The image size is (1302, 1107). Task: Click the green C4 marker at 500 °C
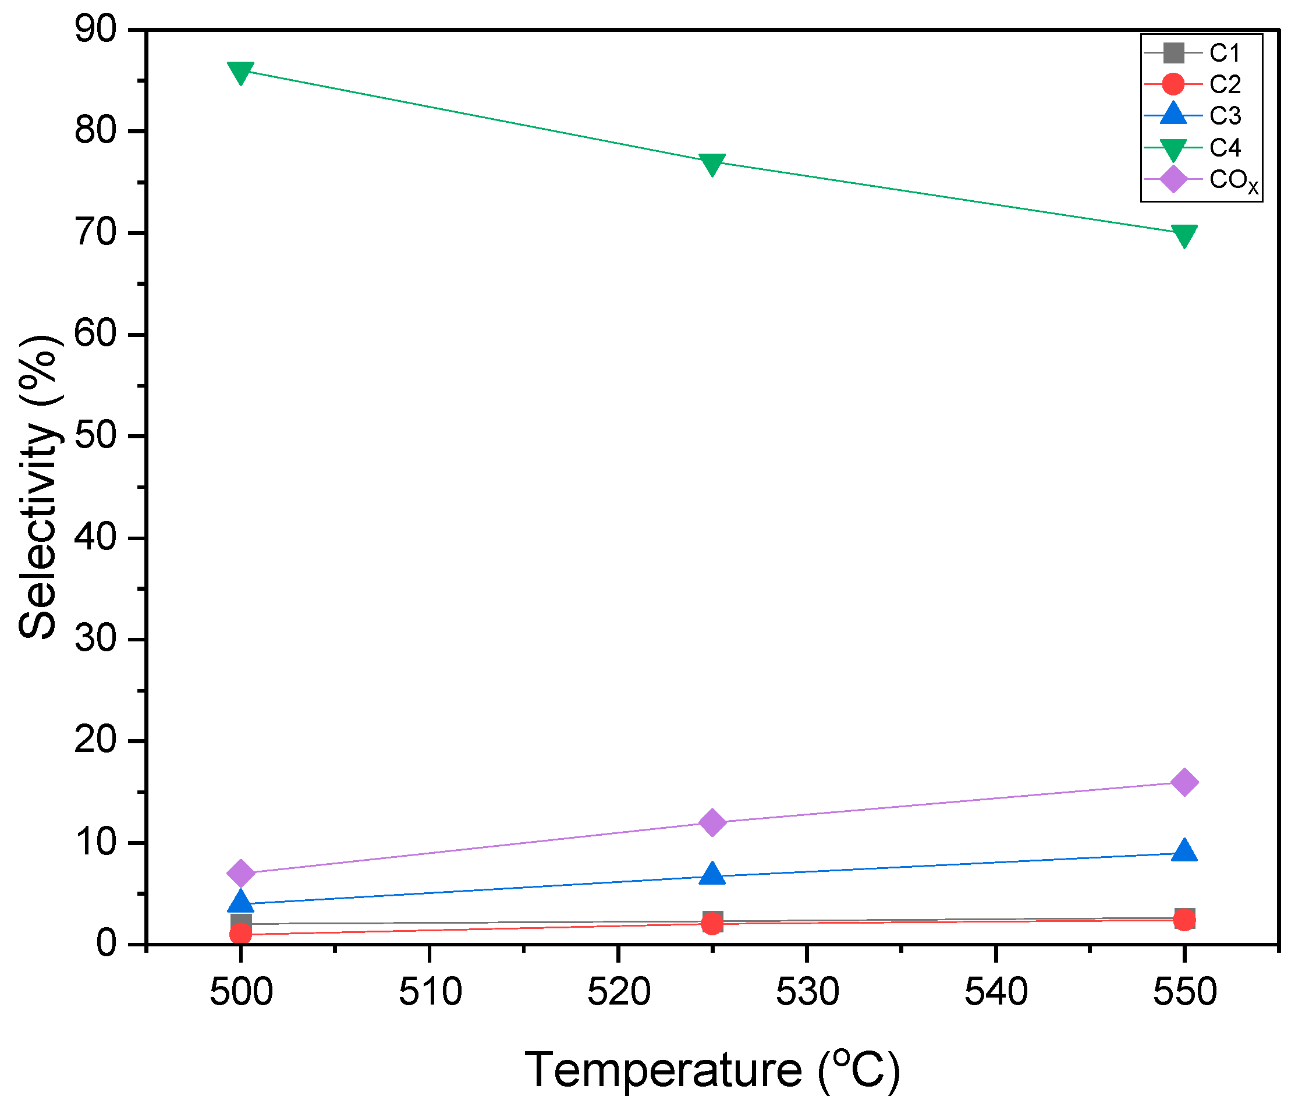pyautogui.click(x=240, y=72)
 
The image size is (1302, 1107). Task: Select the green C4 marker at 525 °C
pyautogui.click(x=712, y=163)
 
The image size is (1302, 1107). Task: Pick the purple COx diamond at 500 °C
pyautogui.click(x=240, y=873)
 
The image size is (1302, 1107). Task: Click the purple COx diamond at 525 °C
pyautogui.click(x=712, y=822)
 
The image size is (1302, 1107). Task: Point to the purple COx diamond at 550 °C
pyautogui.click(x=1183, y=782)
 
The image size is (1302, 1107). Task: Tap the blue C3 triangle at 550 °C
pyautogui.click(x=1183, y=851)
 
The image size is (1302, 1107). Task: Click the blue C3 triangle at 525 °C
pyautogui.click(x=712, y=874)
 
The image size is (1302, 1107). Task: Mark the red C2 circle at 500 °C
pyautogui.click(x=240, y=934)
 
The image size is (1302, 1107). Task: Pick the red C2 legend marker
pyautogui.click(x=1172, y=84)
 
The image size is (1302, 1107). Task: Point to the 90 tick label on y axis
pyautogui.click(x=95, y=30)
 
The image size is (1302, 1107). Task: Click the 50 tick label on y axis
pyautogui.click(x=95, y=435)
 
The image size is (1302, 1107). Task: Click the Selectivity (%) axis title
pyautogui.click(x=39, y=487)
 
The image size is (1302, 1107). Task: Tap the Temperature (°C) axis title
pyautogui.click(x=712, y=1069)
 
